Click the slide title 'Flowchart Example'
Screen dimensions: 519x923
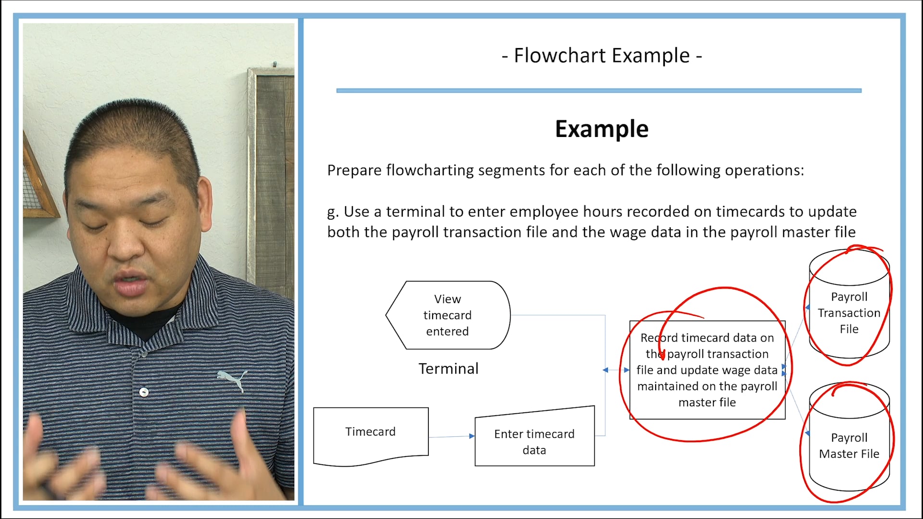tap(601, 56)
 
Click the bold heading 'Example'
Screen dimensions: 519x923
tap(601, 129)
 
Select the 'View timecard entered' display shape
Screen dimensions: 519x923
tap(448, 315)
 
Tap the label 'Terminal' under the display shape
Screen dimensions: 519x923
tap(448, 369)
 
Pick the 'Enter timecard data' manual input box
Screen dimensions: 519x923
tap(534, 442)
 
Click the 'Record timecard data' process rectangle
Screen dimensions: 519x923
tap(707, 370)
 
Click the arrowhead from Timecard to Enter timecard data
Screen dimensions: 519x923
tap(472, 436)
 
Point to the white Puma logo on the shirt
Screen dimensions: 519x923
tap(234, 379)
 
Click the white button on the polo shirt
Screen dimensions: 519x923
tap(144, 392)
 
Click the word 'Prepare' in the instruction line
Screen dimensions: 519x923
tap(354, 171)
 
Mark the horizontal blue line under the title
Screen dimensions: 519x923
tap(599, 90)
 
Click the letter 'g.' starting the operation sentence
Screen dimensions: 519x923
tap(333, 212)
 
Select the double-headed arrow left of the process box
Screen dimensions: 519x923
tap(616, 370)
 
